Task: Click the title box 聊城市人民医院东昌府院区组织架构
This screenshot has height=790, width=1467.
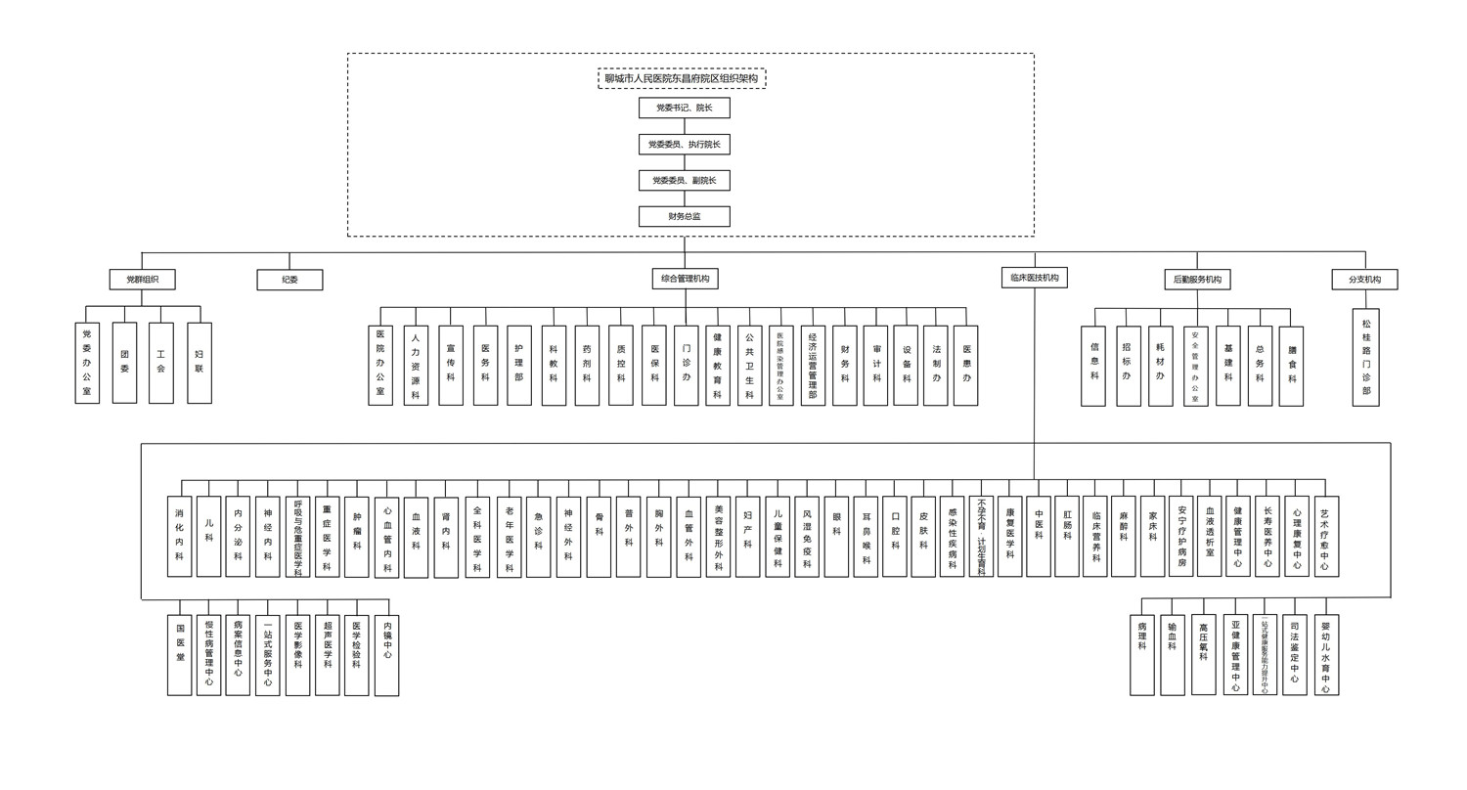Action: pyautogui.click(x=682, y=78)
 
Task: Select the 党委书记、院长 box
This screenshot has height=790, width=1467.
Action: pyautogui.click(x=684, y=108)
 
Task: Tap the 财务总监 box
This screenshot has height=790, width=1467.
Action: pyautogui.click(x=684, y=216)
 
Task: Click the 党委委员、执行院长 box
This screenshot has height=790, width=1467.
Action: pyautogui.click(x=684, y=144)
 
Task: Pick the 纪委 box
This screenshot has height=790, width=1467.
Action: pyautogui.click(x=289, y=280)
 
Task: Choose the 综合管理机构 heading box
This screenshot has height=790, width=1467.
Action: pyautogui.click(x=685, y=279)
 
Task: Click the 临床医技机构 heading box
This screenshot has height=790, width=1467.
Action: pyautogui.click(x=1034, y=278)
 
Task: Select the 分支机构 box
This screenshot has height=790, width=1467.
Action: pyautogui.click(x=1364, y=280)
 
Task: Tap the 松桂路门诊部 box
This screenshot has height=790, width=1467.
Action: pyautogui.click(x=1365, y=357)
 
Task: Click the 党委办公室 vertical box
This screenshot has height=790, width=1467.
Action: pyautogui.click(x=87, y=363)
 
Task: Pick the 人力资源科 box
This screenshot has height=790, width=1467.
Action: pyautogui.click(x=416, y=366)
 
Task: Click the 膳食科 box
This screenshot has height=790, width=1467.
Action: pyautogui.click(x=1292, y=366)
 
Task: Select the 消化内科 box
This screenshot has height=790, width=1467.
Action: pyautogui.click(x=179, y=536)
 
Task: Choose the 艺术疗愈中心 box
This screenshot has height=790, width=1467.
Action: pyautogui.click(x=1325, y=536)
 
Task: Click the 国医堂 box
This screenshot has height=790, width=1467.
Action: pyautogui.click(x=179, y=654)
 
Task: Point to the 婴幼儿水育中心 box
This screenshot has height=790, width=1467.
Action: pyautogui.click(x=1325, y=654)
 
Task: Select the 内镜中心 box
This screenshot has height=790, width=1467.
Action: pyautogui.click(x=387, y=654)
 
